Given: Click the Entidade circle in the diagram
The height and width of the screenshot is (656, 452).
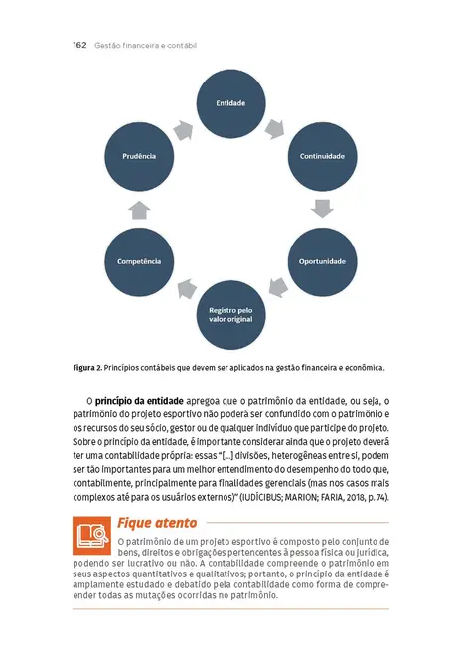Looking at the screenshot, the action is pyautogui.click(x=230, y=103).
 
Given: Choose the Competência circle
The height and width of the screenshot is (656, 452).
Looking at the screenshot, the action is pyautogui.click(x=139, y=260).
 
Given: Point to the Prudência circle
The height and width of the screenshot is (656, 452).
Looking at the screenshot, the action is pyautogui.click(x=139, y=156).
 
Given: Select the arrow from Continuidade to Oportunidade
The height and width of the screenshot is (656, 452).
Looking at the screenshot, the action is pyautogui.click(x=321, y=209).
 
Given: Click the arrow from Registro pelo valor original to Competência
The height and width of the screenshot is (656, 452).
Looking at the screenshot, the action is pyautogui.click(x=185, y=290).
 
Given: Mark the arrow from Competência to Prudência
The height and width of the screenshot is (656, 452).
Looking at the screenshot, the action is pyautogui.click(x=139, y=209).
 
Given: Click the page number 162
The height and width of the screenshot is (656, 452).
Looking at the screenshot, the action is pyautogui.click(x=80, y=46).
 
